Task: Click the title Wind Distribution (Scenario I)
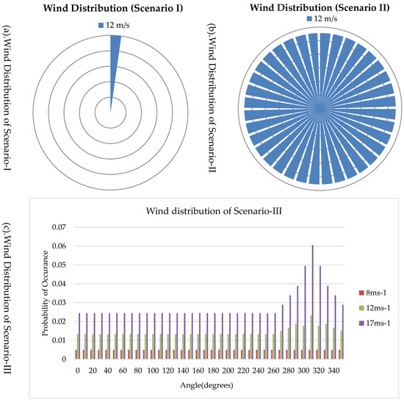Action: click(x=111, y=10)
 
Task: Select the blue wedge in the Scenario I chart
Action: click(x=115, y=63)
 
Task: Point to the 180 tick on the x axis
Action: click(x=210, y=371)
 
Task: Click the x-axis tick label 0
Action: click(x=77, y=371)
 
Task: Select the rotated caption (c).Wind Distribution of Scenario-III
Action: click(x=12, y=298)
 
